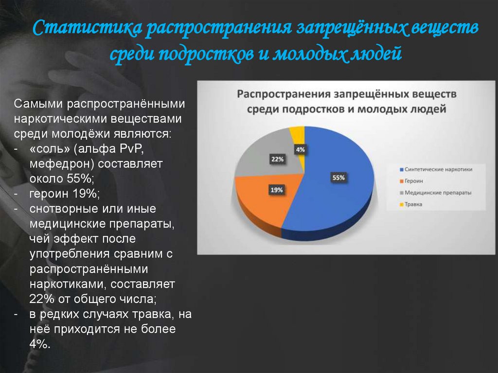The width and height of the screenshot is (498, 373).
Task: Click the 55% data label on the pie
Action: coord(338,178)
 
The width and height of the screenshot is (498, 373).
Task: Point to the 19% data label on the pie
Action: coord(277,190)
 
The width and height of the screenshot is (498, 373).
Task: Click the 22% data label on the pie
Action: coord(277,159)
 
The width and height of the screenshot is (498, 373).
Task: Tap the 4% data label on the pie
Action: coord(300,150)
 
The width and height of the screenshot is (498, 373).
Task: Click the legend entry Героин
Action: coord(412,181)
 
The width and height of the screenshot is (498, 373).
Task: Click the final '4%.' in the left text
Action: coord(40,344)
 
